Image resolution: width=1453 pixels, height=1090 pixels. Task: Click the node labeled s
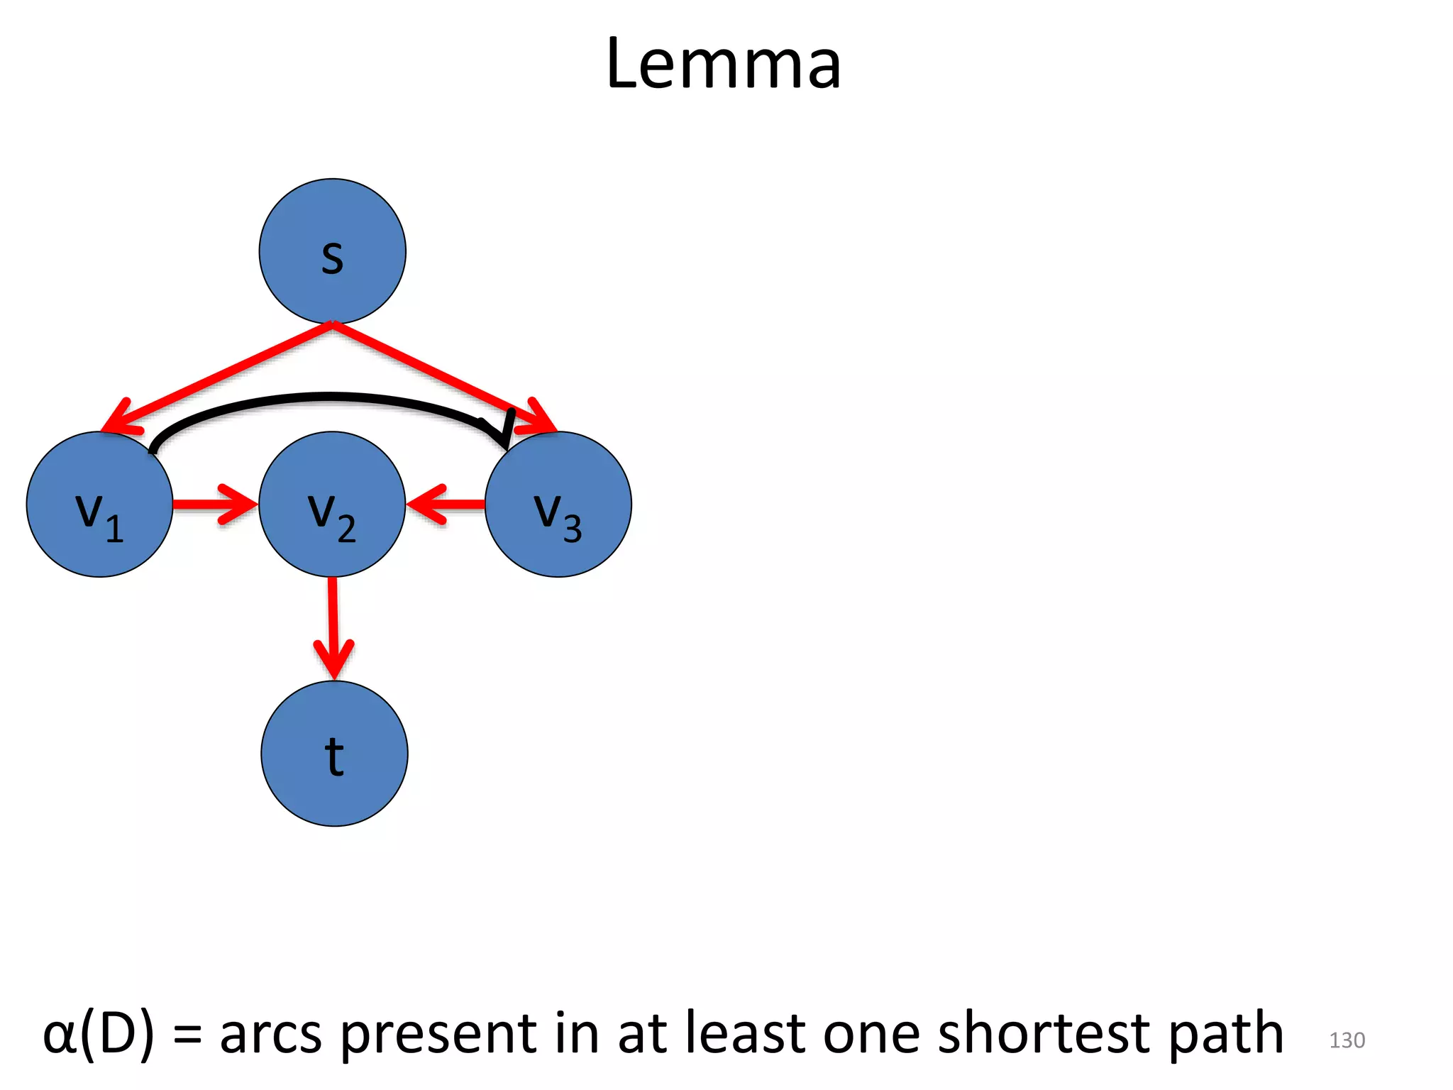pyautogui.click(x=332, y=251)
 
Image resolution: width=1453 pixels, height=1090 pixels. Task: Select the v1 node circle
pyautogui.click(x=99, y=505)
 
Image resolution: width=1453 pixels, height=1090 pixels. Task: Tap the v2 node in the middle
pyautogui.click(x=332, y=505)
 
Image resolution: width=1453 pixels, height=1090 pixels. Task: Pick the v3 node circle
pyautogui.click(x=558, y=505)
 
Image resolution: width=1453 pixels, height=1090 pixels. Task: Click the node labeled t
pyautogui.click(x=334, y=754)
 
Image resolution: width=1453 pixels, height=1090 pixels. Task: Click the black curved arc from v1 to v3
pyautogui.click(x=326, y=399)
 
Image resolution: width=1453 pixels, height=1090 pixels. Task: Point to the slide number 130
pyautogui.click(x=1347, y=1040)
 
